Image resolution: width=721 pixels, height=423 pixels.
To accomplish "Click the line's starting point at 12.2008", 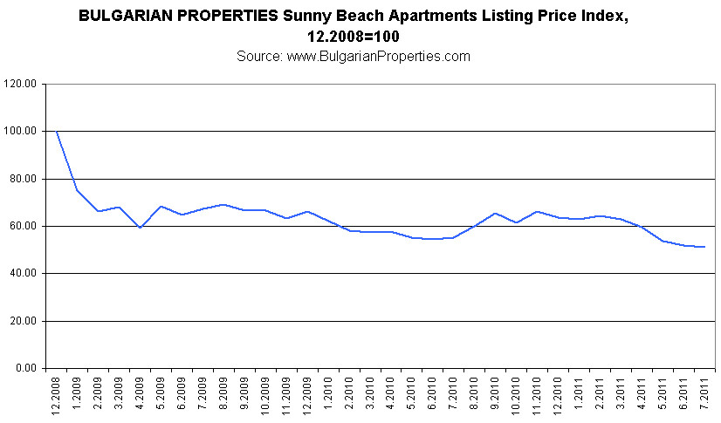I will coord(56,131).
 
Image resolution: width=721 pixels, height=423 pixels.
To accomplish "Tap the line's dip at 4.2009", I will coord(139,228).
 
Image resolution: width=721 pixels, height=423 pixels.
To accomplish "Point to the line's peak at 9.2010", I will coord(494,213).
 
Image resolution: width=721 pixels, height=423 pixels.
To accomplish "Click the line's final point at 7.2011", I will coord(704,247).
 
